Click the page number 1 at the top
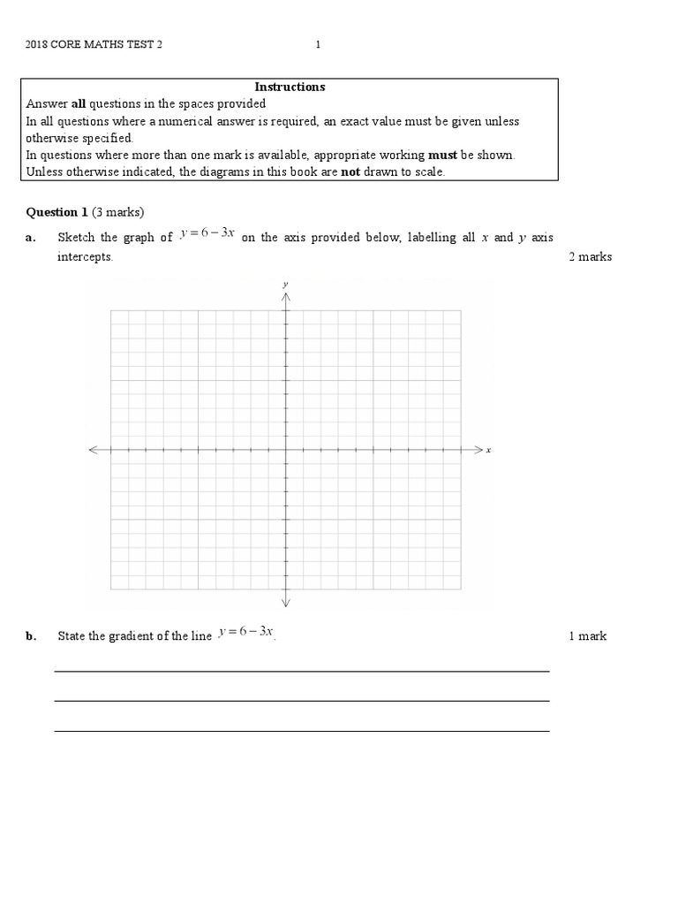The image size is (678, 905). pos(318,46)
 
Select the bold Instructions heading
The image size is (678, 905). pos(290,87)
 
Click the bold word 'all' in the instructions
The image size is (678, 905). pos(78,103)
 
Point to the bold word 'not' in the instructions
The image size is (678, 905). pos(350,171)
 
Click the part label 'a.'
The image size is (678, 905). pos(31,238)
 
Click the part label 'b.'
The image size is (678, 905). pos(31,636)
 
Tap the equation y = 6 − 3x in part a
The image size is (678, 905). pos(207,235)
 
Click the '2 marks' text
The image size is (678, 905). pos(591,257)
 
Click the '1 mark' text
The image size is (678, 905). pos(588,636)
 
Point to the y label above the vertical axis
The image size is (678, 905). pos(285,284)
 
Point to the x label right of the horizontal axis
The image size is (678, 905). pos(488,450)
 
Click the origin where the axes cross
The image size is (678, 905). pos(285,450)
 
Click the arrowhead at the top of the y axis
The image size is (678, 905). pos(285,297)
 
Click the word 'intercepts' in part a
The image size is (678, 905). pos(85,257)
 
